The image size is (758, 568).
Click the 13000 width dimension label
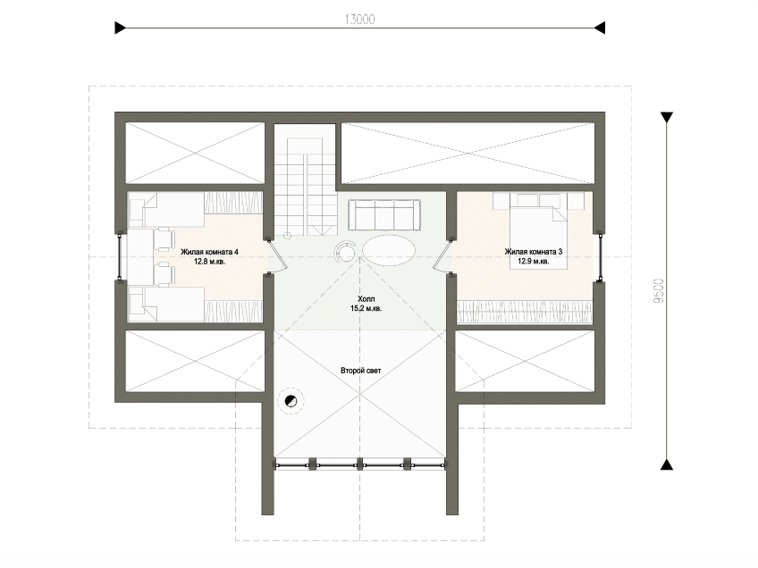tap(359, 20)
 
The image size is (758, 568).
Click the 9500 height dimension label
tap(659, 291)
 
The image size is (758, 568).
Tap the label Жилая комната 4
tap(209, 252)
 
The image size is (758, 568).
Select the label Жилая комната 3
tap(534, 252)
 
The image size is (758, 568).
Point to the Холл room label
tap(366, 299)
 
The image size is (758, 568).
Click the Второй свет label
tap(360, 371)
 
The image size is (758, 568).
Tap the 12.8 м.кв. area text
tap(210, 262)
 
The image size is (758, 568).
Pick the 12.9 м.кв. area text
tap(534, 262)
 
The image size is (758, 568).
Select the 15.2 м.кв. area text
tap(366, 309)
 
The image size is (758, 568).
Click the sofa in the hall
tap(384, 215)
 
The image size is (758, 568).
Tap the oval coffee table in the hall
tap(389, 249)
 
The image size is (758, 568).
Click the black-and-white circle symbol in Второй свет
tap(291, 401)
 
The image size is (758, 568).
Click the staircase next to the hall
tap(305, 187)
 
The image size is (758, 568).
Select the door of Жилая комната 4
tap(274, 256)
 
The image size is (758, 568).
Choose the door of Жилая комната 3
tap(442, 256)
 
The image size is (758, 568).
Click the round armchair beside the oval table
tap(346, 251)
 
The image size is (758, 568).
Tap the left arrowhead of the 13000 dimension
tap(121, 28)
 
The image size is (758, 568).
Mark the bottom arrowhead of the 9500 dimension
tap(667, 464)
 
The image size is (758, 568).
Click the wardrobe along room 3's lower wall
tap(525, 312)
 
